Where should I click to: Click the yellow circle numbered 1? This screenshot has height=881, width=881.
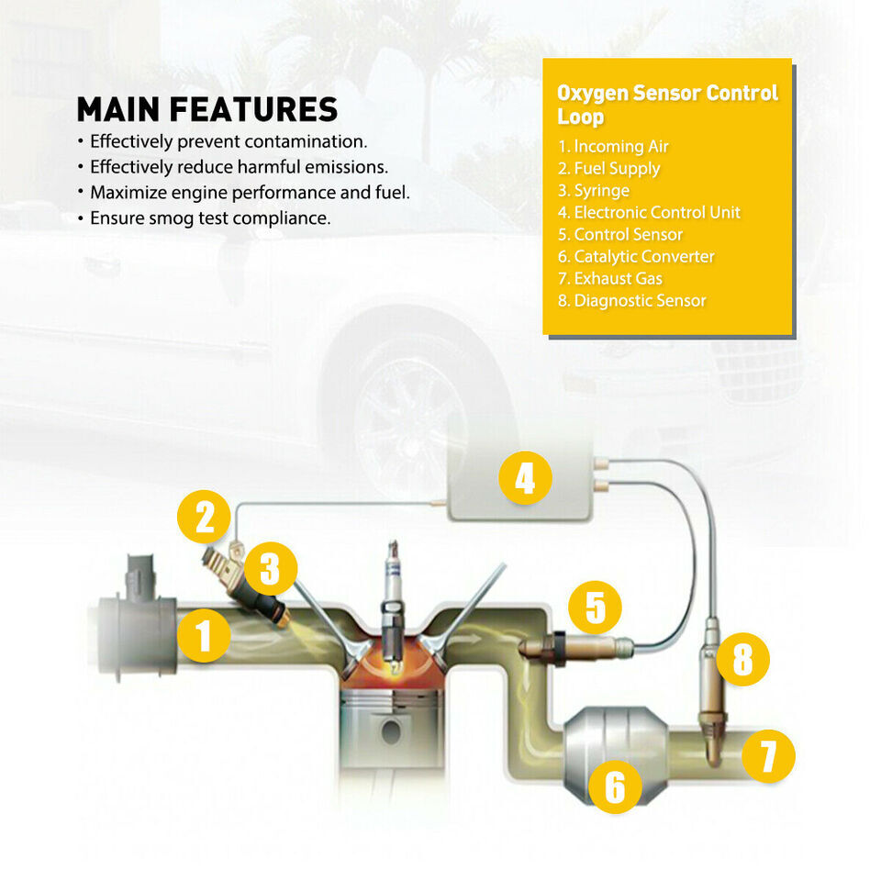(204, 636)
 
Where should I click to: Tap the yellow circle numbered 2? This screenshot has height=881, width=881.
(205, 517)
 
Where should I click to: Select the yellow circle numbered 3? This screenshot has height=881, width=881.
(269, 569)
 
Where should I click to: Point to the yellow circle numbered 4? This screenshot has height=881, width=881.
(525, 479)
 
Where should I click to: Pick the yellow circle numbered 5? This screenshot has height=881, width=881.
(595, 608)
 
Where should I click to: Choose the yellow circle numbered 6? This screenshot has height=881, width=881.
(615, 786)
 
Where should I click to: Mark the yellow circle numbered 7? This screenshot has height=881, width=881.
(768, 756)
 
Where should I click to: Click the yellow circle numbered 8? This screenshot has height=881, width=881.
(742, 659)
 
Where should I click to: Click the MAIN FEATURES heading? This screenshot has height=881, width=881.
(207, 109)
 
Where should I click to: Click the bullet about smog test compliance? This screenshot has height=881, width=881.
(210, 218)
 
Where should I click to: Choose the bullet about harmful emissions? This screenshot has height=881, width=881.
(239, 167)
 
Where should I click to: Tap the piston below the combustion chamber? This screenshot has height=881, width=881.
(393, 725)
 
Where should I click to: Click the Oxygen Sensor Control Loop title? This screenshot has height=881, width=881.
(667, 105)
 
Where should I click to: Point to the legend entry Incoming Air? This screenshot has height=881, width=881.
(613, 147)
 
